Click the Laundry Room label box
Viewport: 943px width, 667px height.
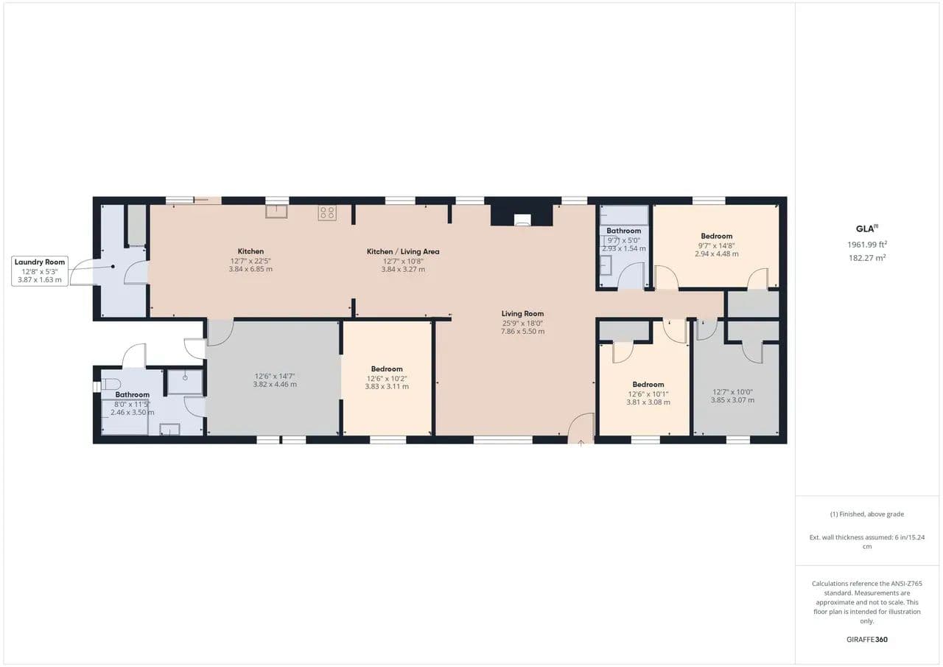[40, 271]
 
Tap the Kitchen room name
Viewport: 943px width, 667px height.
[250, 251]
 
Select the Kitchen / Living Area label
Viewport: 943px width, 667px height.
[403, 251]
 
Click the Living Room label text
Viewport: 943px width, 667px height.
[522, 314]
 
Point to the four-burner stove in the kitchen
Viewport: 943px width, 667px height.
[327, 213]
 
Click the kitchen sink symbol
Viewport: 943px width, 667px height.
[276, 212]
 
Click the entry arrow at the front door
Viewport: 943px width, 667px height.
[581, 443]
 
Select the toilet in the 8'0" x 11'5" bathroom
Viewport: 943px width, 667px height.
[111, 384]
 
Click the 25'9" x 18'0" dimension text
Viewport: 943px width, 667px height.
[522, 324]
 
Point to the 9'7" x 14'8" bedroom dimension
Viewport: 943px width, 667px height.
[717, 246]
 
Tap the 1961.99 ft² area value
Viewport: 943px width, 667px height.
[867, 244]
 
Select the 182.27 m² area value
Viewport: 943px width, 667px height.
[867, 258]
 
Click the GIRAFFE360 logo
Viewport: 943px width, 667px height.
[867, 639]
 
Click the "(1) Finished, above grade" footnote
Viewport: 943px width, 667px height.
[867, 514]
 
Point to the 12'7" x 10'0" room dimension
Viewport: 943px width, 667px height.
[732, 392]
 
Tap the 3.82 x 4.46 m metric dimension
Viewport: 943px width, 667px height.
[275, 384]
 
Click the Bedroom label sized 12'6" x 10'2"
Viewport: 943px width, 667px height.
[387, 369]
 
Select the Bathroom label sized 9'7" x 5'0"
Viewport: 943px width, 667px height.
[624, 231]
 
